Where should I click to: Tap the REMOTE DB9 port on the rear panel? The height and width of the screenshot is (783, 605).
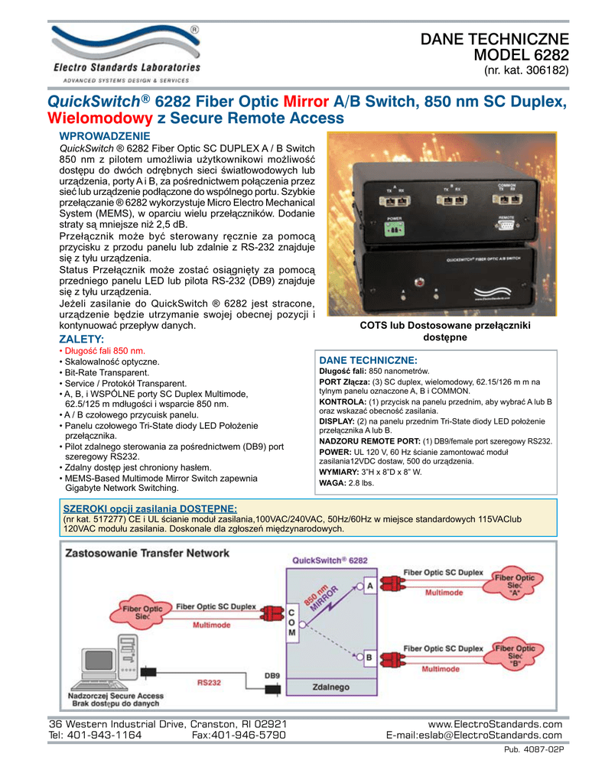tap(506, 226)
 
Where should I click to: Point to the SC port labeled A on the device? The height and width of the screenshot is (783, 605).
tap(392, 200)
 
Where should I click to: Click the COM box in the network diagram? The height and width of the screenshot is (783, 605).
tap(292, 622)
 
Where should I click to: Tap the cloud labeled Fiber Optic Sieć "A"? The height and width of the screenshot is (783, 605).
tap(515, 584)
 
